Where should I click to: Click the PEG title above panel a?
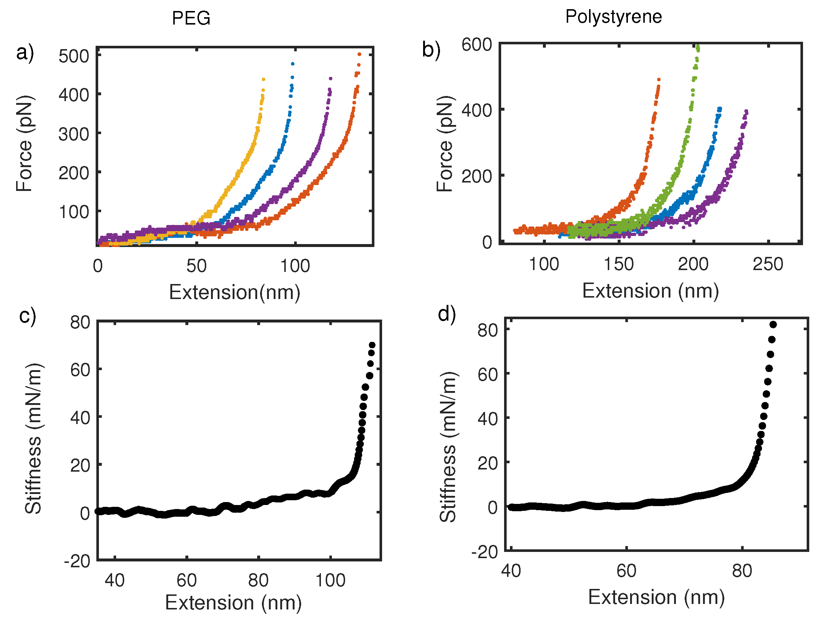click(191, 18)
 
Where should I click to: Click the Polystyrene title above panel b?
click(613, 17)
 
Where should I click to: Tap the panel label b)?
click(431, 49)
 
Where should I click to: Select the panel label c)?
click(27, 316)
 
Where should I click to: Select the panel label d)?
click(447, 313)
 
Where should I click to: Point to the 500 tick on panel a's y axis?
click(74, 56)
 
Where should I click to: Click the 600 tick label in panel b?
click(477, 45)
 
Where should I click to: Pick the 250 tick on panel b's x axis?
click(767, 264)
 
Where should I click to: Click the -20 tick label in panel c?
click(77, 561)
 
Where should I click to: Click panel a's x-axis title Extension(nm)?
click(234, 292)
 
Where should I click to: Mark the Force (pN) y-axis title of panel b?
click(445, 144)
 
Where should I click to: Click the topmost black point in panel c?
click(372, 345)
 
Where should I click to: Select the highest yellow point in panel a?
click(263, 80)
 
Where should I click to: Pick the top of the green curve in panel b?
click(698, 47)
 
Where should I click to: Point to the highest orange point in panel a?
click(359, 55)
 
